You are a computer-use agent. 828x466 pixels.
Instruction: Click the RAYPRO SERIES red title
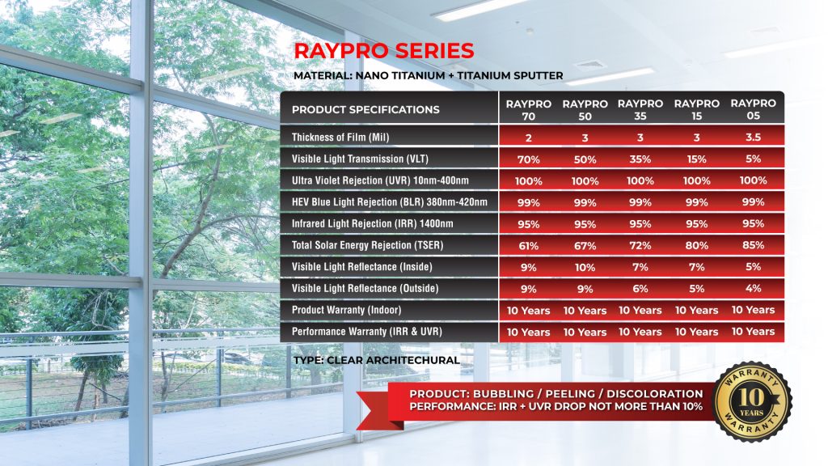[384, 50]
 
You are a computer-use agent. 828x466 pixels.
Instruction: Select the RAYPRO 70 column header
[528, 109]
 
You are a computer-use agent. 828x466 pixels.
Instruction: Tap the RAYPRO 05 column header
[753, 109]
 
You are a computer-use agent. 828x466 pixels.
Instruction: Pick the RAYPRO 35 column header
[640, 109]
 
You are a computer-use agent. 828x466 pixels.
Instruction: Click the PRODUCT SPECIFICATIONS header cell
[365, 110]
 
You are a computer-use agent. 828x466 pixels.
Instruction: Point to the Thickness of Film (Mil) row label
[348, 138]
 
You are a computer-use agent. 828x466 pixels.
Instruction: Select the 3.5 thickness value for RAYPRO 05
[753, 137]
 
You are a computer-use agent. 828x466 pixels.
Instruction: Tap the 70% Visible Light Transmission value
[528, 159]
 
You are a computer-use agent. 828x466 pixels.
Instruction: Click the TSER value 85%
[753, 245]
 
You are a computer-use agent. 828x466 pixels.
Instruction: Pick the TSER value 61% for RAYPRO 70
[528, 245]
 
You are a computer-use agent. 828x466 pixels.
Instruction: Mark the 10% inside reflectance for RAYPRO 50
[584, 267]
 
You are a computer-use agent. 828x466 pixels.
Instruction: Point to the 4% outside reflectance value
[753, 288]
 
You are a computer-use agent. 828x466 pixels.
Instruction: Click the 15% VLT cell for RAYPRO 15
[696, 159]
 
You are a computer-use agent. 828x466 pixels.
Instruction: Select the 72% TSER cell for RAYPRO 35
[640, 245]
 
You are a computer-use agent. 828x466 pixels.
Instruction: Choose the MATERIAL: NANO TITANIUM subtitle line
[429, 76]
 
